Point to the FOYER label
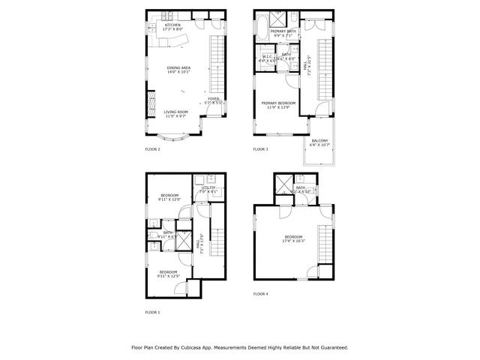[x=214, y=100]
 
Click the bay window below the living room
[x=178, y=136]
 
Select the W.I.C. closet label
[x=267, y=59]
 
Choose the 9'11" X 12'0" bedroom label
[x=169, y=197]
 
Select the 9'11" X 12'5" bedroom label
[x=168, y=274]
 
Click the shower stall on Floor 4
[x=284, y=184]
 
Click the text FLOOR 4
[x=260, y=294]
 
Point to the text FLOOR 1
[x=152, y=312]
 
